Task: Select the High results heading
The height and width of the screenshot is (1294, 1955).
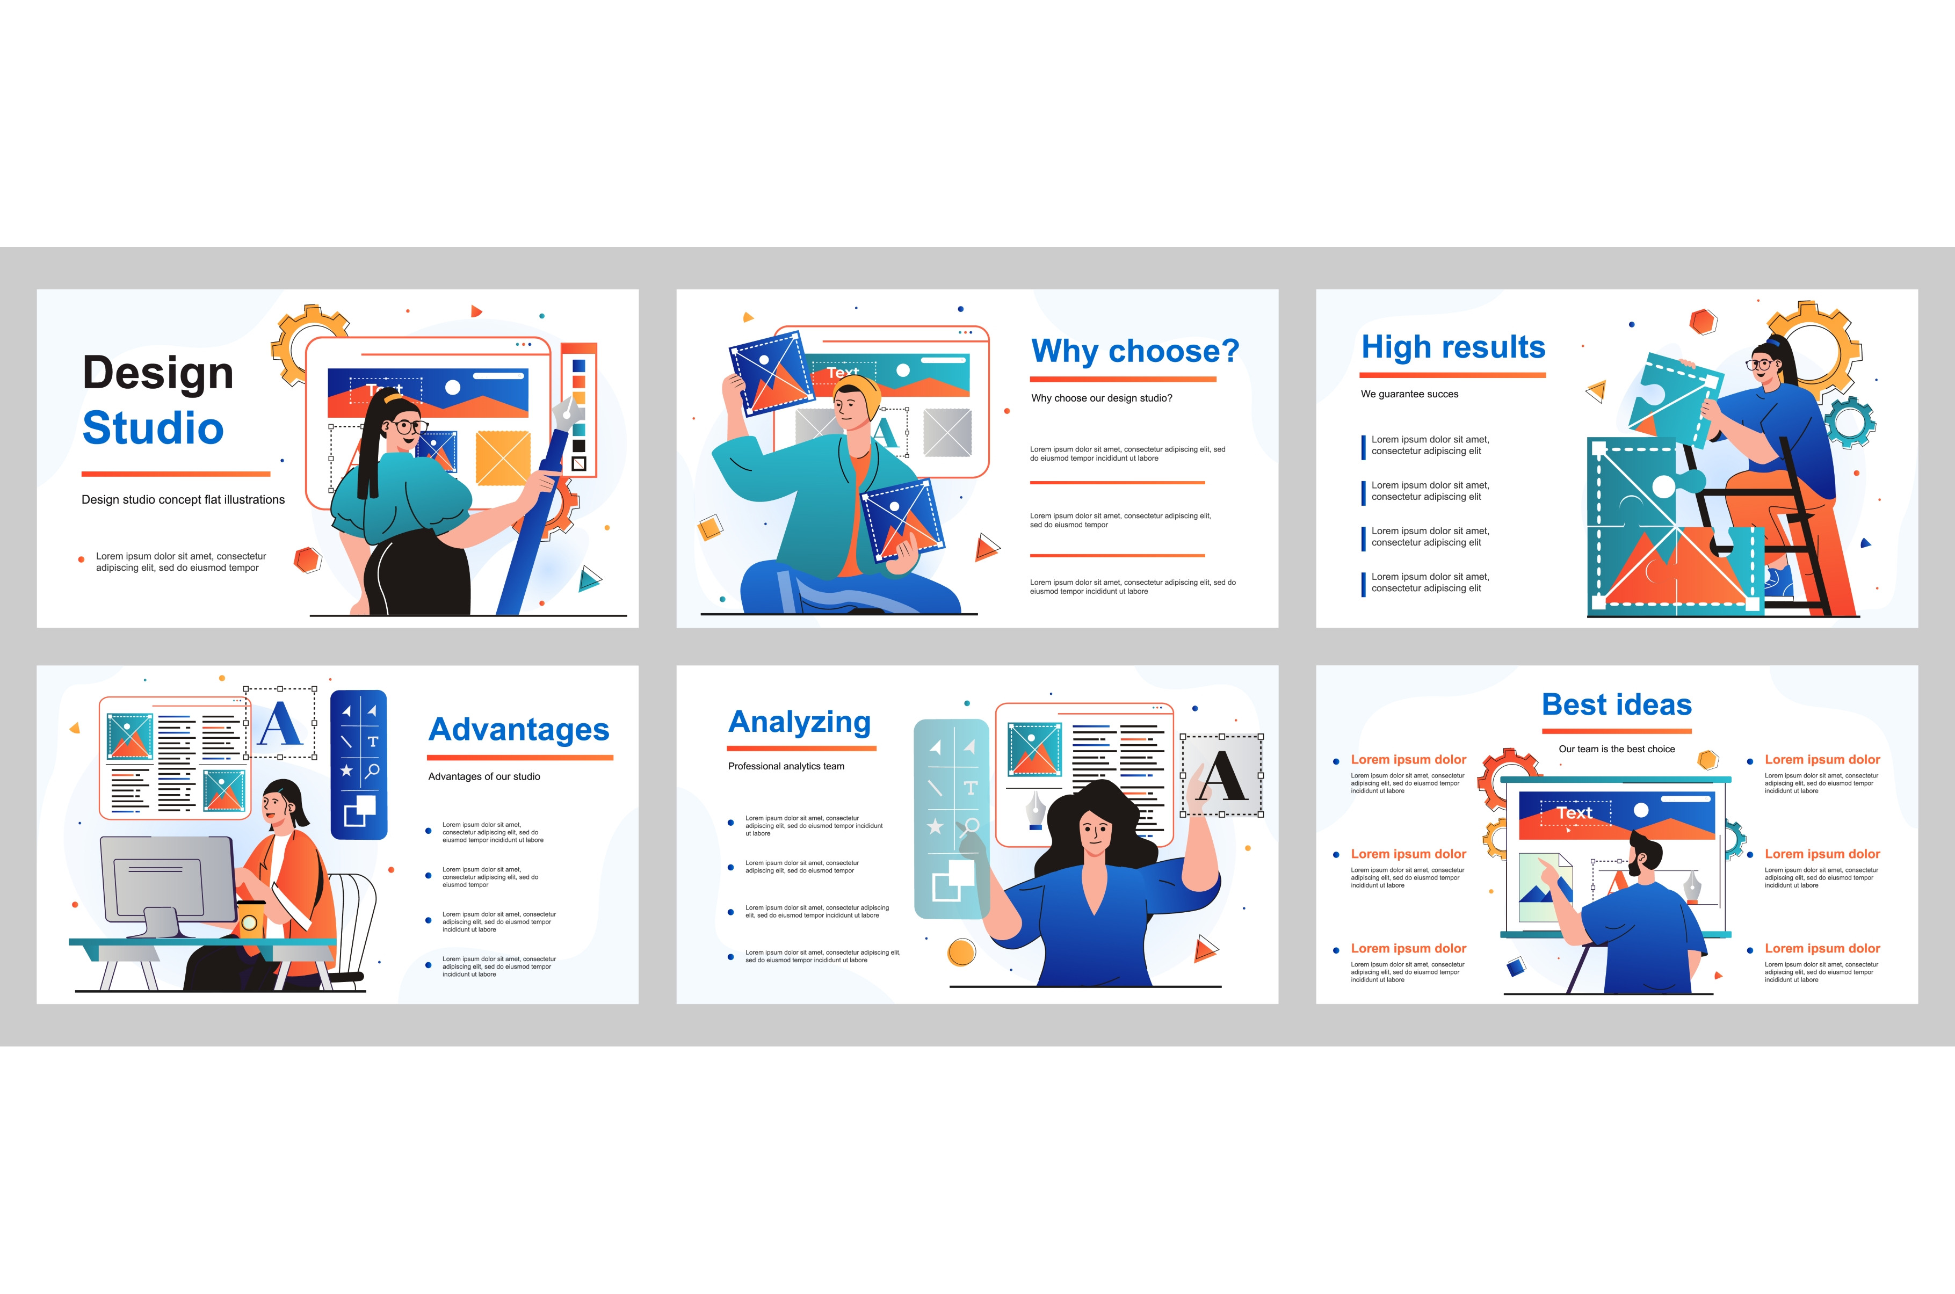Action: [1452, 347]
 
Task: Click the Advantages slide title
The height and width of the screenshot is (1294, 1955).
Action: [519, 730]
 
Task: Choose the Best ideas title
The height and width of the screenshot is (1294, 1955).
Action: [1616, 705]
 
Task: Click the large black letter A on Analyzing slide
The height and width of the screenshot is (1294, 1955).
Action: [1222, 776]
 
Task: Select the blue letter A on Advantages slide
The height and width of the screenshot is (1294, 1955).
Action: [280, 724]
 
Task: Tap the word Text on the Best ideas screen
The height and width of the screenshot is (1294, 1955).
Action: [1574, 813]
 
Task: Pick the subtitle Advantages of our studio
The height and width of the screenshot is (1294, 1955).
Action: [483, 776]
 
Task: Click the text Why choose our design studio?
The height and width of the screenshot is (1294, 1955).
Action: [1101, 398]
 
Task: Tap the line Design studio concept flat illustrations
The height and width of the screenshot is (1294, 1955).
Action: [183, 500]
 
